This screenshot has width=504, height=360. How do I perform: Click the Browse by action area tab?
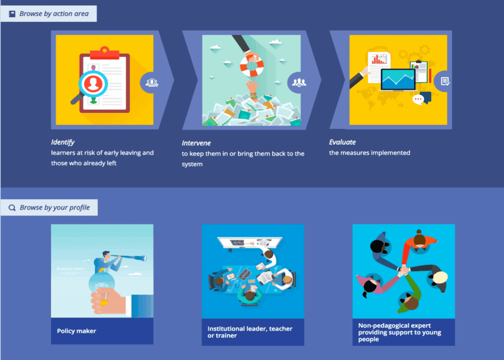[49, 13]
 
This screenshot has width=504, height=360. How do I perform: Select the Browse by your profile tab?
[49, 207]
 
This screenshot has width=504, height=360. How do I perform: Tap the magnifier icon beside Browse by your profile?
[12, 208]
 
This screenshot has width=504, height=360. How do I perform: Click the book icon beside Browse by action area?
[12, 14]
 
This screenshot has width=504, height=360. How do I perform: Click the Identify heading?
[63, 142]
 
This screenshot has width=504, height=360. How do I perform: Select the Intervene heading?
[196, 143]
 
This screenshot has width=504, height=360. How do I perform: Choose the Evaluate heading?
[343, 142]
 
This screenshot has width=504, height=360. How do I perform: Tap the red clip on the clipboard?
[104, 53]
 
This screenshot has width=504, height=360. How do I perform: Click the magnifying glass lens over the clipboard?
[93, 84]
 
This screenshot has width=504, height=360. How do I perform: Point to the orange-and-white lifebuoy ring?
[252, 65]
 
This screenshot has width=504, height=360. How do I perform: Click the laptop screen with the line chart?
[398, 79]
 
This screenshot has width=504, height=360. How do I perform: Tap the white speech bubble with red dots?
[418, 99]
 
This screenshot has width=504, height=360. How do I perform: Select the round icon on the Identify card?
[151, 83]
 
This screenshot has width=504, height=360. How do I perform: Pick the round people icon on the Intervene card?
[298, 83]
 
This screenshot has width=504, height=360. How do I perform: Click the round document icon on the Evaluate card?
[443, 81]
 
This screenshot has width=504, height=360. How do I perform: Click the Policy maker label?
[76, 331]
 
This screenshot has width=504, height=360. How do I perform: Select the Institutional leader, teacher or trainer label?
[250, 332]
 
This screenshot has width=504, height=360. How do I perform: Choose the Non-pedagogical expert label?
[400, 332]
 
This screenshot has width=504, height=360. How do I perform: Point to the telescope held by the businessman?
[128, 257]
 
